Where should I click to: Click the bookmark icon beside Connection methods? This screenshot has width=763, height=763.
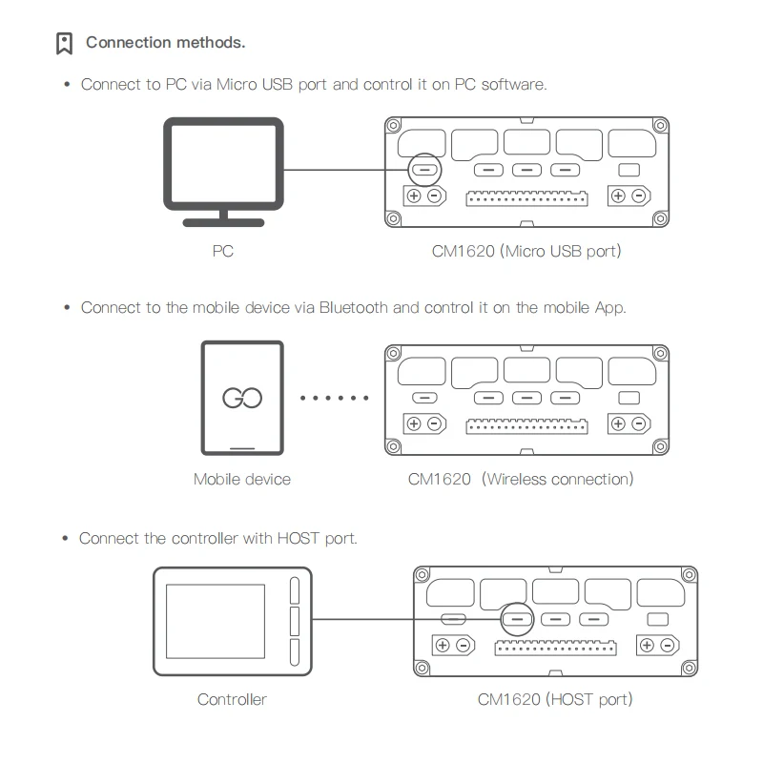click(65, 43)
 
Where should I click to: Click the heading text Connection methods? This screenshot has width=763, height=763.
click(165, 42)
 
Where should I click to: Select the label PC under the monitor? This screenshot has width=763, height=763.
click(222, 252)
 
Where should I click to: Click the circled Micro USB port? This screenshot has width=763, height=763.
click(424, 171)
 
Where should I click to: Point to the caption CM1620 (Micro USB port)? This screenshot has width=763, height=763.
click(526, 252)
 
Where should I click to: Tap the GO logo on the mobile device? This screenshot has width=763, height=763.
click(242, 398)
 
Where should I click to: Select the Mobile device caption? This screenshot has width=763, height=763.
click(242, 479)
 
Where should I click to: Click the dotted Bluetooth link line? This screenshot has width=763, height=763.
click(334, 398)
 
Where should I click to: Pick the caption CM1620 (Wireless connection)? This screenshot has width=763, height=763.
click(521, 479)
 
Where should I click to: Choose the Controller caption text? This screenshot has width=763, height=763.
click(232, 699)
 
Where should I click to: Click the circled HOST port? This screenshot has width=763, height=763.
click(516, 619)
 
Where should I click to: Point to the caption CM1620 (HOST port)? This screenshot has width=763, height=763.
click(555, 699)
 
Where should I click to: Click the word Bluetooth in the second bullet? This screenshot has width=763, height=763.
click(354, 308)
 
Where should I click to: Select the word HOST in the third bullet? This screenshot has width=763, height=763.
click(299, 538)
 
